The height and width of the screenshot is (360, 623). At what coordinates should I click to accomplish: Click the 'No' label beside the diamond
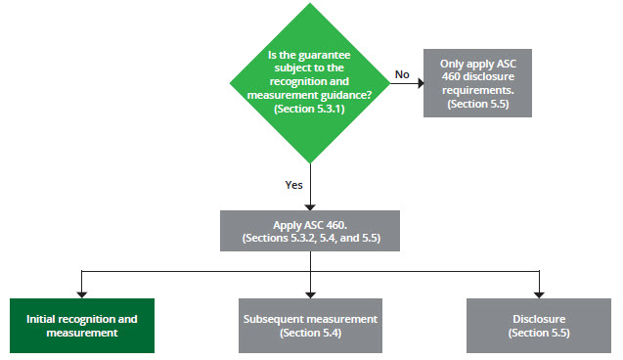[402, 73]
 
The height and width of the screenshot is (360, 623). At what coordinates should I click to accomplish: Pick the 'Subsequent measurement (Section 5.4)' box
[309, 326]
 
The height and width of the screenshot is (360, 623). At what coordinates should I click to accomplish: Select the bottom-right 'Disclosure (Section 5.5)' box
[537, 326]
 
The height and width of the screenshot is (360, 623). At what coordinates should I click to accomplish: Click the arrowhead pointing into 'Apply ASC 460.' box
[309, 205]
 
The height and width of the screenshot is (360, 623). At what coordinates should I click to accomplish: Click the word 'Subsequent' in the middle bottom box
[275, 319]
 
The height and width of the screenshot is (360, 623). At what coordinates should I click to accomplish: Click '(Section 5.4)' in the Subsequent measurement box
[309, 334]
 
